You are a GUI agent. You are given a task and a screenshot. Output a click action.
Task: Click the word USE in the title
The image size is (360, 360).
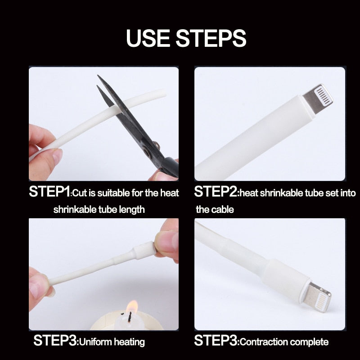tap(148, 38)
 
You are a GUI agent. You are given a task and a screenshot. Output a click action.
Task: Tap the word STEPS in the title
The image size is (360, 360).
tap(211, 38)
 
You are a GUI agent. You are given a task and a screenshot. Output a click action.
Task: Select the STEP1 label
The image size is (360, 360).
tap(49, 192)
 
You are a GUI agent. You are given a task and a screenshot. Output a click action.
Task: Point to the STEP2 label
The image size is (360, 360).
tap(216, 192)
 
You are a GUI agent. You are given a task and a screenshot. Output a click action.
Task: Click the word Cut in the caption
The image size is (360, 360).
tap(80, 193)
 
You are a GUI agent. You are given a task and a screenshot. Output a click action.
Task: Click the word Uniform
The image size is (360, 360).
tap(95, 342)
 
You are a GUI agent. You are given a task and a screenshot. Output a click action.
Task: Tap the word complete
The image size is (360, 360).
tap(306, 342)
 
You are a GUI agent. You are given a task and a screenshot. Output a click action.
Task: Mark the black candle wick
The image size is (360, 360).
tap(130, 317)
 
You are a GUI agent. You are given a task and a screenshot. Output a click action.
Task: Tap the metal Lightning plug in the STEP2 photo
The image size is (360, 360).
tap(318, 98)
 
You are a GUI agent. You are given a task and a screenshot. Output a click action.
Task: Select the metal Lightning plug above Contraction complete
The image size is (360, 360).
tap(317, 297)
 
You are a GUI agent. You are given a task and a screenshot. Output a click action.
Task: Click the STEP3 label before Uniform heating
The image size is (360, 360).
tap(55, 340)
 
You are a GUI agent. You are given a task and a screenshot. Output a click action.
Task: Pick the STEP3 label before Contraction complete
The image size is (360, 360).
tap(216, 340)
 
